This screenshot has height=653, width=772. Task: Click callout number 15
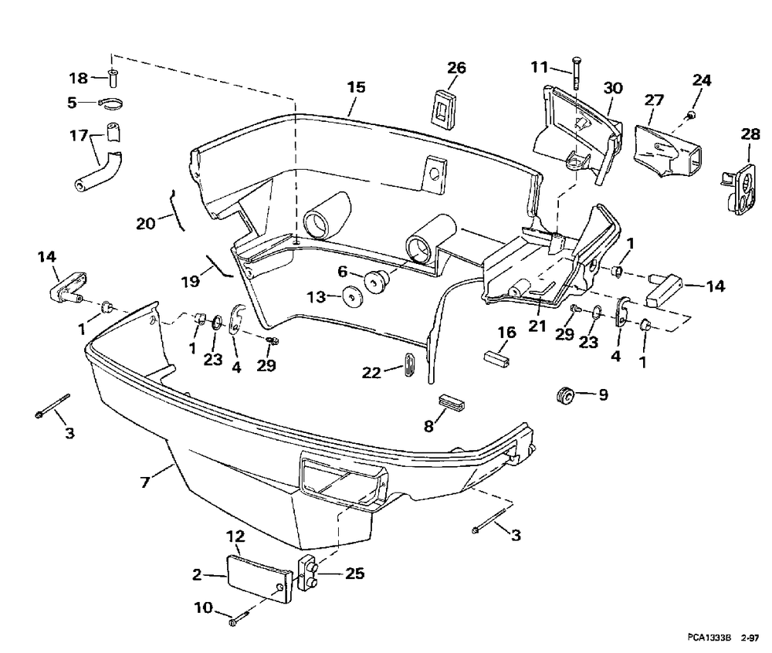[355, 88]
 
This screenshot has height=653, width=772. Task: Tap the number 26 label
[456, 68]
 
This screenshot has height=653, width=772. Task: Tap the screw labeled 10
[239, 616]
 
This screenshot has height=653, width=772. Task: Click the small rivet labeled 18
[113, 77]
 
